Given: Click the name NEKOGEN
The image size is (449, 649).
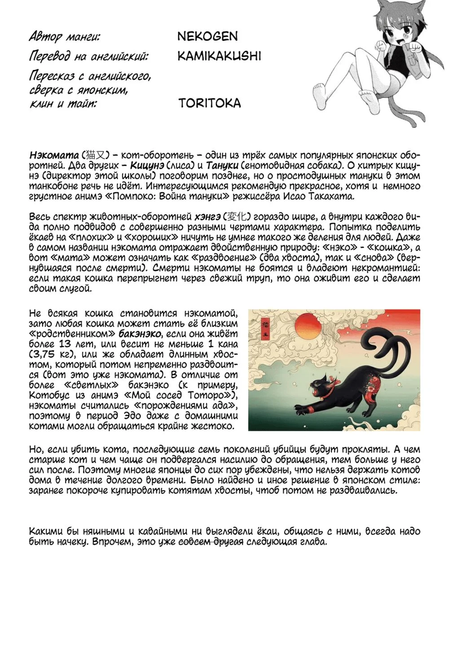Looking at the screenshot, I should [x=207, y=36].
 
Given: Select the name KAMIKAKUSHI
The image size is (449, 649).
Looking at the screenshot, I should [x=219, y=56].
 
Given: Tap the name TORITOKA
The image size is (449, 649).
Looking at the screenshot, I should [x=209, y=103].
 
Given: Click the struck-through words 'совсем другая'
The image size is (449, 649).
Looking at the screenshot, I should [x=211, y=542].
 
